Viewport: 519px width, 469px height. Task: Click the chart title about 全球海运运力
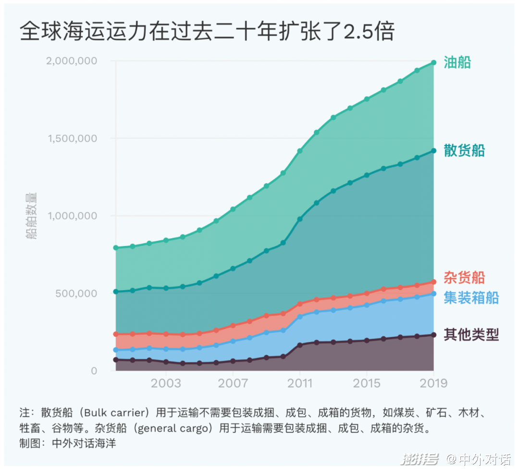click(207, 32)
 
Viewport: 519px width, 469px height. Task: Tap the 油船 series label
click(457, 62)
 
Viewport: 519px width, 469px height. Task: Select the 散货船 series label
click(464, 150)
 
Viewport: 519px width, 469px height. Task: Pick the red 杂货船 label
click(464, 277)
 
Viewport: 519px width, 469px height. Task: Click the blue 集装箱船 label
click(470, 297)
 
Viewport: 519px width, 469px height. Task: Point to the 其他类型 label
click(470, 334)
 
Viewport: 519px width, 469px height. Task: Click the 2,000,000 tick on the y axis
click(73, 61)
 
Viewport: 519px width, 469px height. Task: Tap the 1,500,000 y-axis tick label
click(73, 138)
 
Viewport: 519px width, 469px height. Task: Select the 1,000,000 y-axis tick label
click(73, 216)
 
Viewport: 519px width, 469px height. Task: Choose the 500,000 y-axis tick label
click(76, 293)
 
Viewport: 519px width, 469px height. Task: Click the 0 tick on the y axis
click(94, 370)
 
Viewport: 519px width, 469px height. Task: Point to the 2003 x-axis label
click(165, 383)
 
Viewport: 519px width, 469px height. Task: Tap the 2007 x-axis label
click(233, 383)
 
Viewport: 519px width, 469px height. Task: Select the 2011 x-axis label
click(299, 383)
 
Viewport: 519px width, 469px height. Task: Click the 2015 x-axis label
click(367, 383)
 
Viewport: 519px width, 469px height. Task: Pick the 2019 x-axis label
click(433, 383)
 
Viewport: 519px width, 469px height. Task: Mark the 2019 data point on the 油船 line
click(433, 62)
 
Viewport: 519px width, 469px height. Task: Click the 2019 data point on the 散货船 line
click(433, 151)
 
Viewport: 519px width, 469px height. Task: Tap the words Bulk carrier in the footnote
click(115, 413)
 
